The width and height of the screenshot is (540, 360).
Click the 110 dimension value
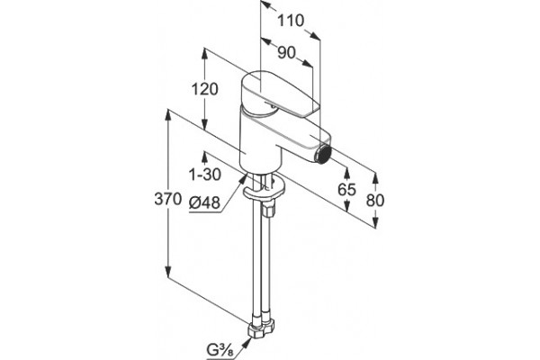click(x=291, y=21)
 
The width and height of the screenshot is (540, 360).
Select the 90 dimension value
click(x=286, y=53)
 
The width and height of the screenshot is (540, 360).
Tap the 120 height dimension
click(x=204, y=89)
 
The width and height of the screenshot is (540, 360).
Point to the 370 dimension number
click(x=167, y=199)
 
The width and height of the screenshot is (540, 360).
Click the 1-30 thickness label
click(x=205, y=175)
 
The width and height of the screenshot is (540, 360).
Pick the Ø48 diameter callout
click(x=204, y=203)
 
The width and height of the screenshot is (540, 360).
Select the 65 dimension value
click(x=346, y=189)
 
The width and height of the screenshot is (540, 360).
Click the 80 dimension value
click(x=374, y=200)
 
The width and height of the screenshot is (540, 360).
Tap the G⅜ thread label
click(x=220, y=351)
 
